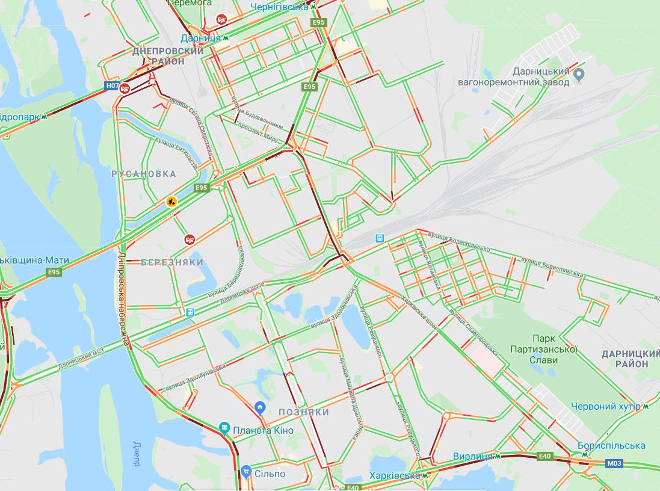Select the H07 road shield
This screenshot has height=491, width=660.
[x=112, y=86]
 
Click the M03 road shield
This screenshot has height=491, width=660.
[x=614, y=463]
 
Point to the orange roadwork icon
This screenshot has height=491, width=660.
[x=172, y=202]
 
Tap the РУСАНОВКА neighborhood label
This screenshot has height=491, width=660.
[x=144, y=174]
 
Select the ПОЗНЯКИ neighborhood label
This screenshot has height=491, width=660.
[x=304, y=412]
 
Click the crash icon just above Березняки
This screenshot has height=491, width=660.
[x=190, y=239]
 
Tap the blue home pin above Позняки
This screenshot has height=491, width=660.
[x=260, y=407]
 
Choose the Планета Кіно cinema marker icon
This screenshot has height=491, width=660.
[x=224, y=428]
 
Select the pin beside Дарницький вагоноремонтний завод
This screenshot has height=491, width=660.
[x=579, y=75]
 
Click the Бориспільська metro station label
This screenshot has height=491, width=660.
[x=611, y=446]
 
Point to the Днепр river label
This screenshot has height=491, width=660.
[x=136, y=454]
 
